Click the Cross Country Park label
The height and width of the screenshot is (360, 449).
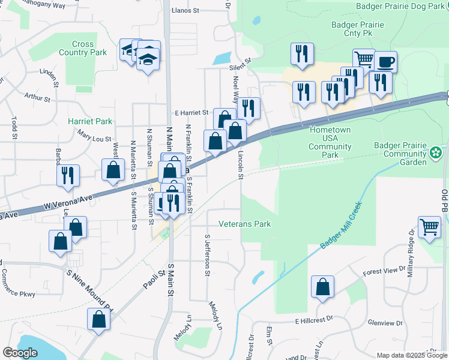83,48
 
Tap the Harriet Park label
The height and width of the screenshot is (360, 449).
90,121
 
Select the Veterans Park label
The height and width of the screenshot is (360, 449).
253,224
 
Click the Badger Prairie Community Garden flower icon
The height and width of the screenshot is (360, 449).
436,154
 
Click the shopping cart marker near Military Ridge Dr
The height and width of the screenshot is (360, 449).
429,227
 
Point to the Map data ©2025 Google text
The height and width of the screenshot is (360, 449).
411,355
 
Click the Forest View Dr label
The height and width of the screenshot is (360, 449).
384,271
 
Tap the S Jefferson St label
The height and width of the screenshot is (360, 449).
207,255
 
